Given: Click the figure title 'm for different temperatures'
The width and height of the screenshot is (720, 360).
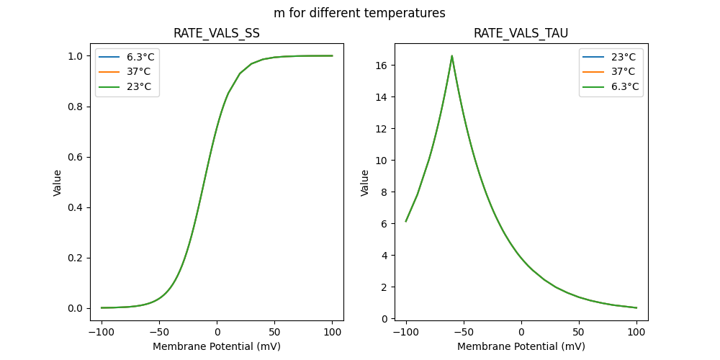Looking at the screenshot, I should (359, 13).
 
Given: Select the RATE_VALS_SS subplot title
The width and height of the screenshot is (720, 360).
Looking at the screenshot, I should (217, 34).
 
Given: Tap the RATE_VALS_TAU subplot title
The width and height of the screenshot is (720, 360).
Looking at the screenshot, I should (521, 34).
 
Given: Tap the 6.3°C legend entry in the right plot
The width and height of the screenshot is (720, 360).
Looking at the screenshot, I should (624, 86).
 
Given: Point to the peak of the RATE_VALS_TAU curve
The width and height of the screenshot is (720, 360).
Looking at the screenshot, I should (452, 55).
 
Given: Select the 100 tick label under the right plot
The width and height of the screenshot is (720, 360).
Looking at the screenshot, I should (636, 332).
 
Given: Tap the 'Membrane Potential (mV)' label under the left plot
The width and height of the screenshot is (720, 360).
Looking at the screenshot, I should (217, 346).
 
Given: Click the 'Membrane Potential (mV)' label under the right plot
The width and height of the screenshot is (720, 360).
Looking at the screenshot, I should (521, 346).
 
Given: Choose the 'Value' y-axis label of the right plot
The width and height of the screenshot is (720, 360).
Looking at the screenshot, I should (365, 183).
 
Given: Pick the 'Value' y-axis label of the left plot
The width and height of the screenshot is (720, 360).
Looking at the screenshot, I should (58, 183).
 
